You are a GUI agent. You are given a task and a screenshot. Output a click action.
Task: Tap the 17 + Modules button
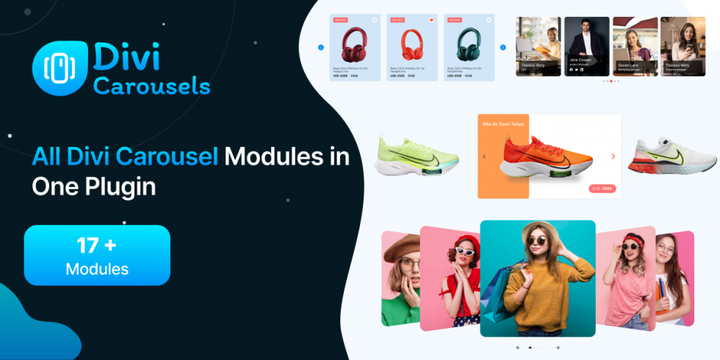97,255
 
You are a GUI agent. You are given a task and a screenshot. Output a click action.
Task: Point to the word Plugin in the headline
119,186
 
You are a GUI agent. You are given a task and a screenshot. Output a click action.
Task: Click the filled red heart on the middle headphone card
431,20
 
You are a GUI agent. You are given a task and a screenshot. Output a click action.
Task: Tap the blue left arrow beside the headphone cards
321,48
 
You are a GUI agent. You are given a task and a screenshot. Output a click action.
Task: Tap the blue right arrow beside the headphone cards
503,48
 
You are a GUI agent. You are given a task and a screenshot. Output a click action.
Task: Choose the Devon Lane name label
628,65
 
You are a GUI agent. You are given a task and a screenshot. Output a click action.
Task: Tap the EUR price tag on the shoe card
602,189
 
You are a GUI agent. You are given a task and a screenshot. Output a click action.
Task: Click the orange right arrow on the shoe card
613,156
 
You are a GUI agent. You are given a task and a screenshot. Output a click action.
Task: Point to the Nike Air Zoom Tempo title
503,124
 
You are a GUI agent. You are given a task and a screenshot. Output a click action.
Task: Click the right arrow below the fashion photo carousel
557,348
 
